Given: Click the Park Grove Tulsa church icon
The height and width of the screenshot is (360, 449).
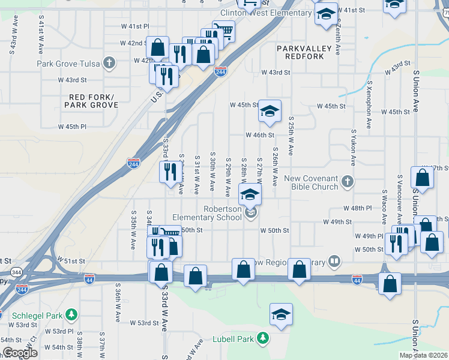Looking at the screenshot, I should [109, 63].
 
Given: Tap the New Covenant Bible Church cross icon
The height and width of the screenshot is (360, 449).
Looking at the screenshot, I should [347, 181].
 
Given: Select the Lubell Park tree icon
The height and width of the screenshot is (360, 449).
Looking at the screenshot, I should [262, 339].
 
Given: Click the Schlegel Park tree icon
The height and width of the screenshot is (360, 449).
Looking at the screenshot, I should [71, 314].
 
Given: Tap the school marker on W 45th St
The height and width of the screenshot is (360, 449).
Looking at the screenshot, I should [270, 111].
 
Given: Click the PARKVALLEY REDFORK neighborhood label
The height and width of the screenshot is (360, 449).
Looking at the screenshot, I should [300, 52].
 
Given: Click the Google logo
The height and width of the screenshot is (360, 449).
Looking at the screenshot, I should [19, 353].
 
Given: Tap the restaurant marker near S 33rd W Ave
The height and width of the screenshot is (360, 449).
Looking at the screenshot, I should [167, 172].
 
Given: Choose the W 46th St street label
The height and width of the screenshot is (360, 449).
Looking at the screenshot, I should [259, 136].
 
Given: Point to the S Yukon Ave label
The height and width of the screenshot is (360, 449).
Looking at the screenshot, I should [353, 148].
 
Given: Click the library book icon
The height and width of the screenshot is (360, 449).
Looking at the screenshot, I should [334, 262].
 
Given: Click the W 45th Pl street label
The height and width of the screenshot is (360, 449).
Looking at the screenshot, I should [72, 127].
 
